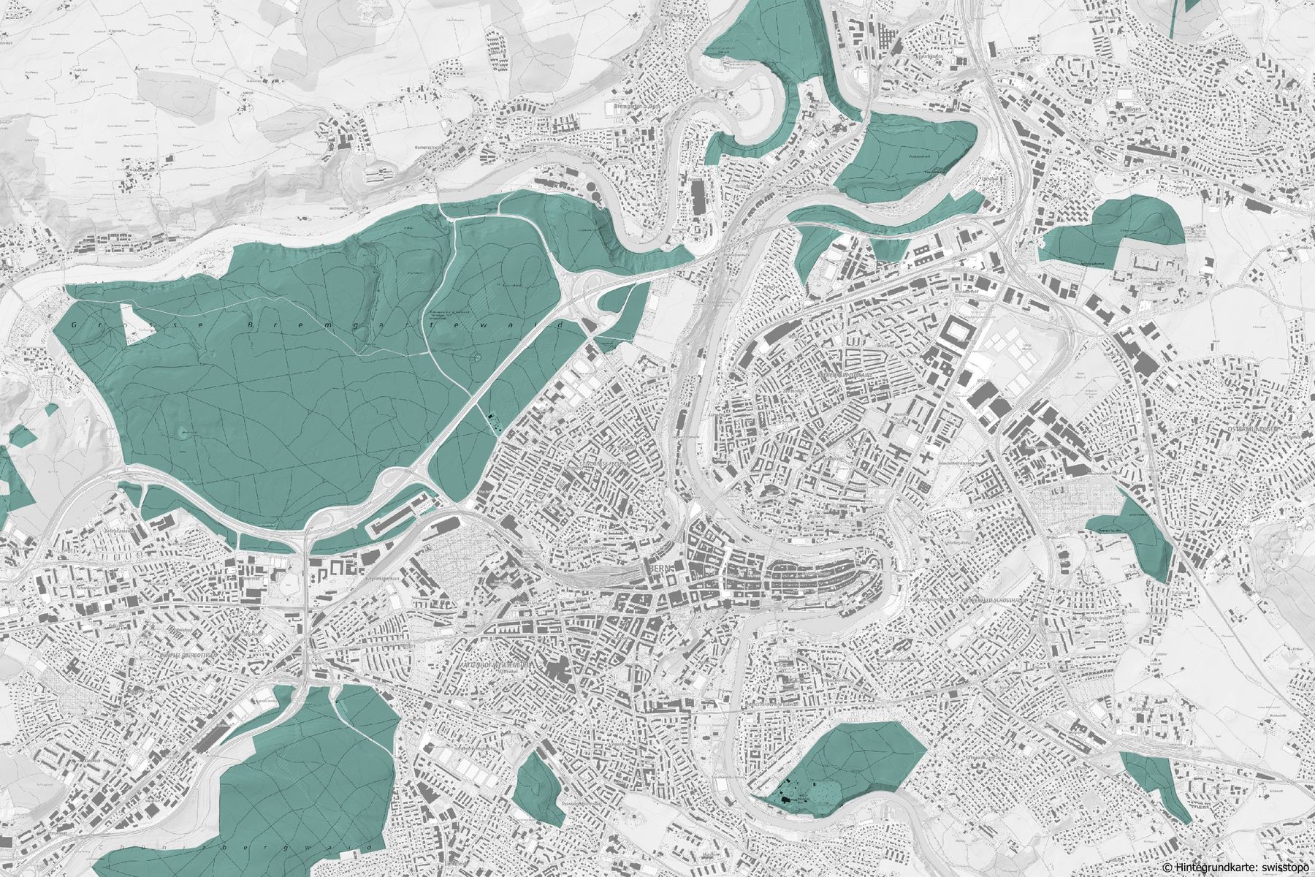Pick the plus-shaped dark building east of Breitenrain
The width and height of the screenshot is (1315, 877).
point(926,459)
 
